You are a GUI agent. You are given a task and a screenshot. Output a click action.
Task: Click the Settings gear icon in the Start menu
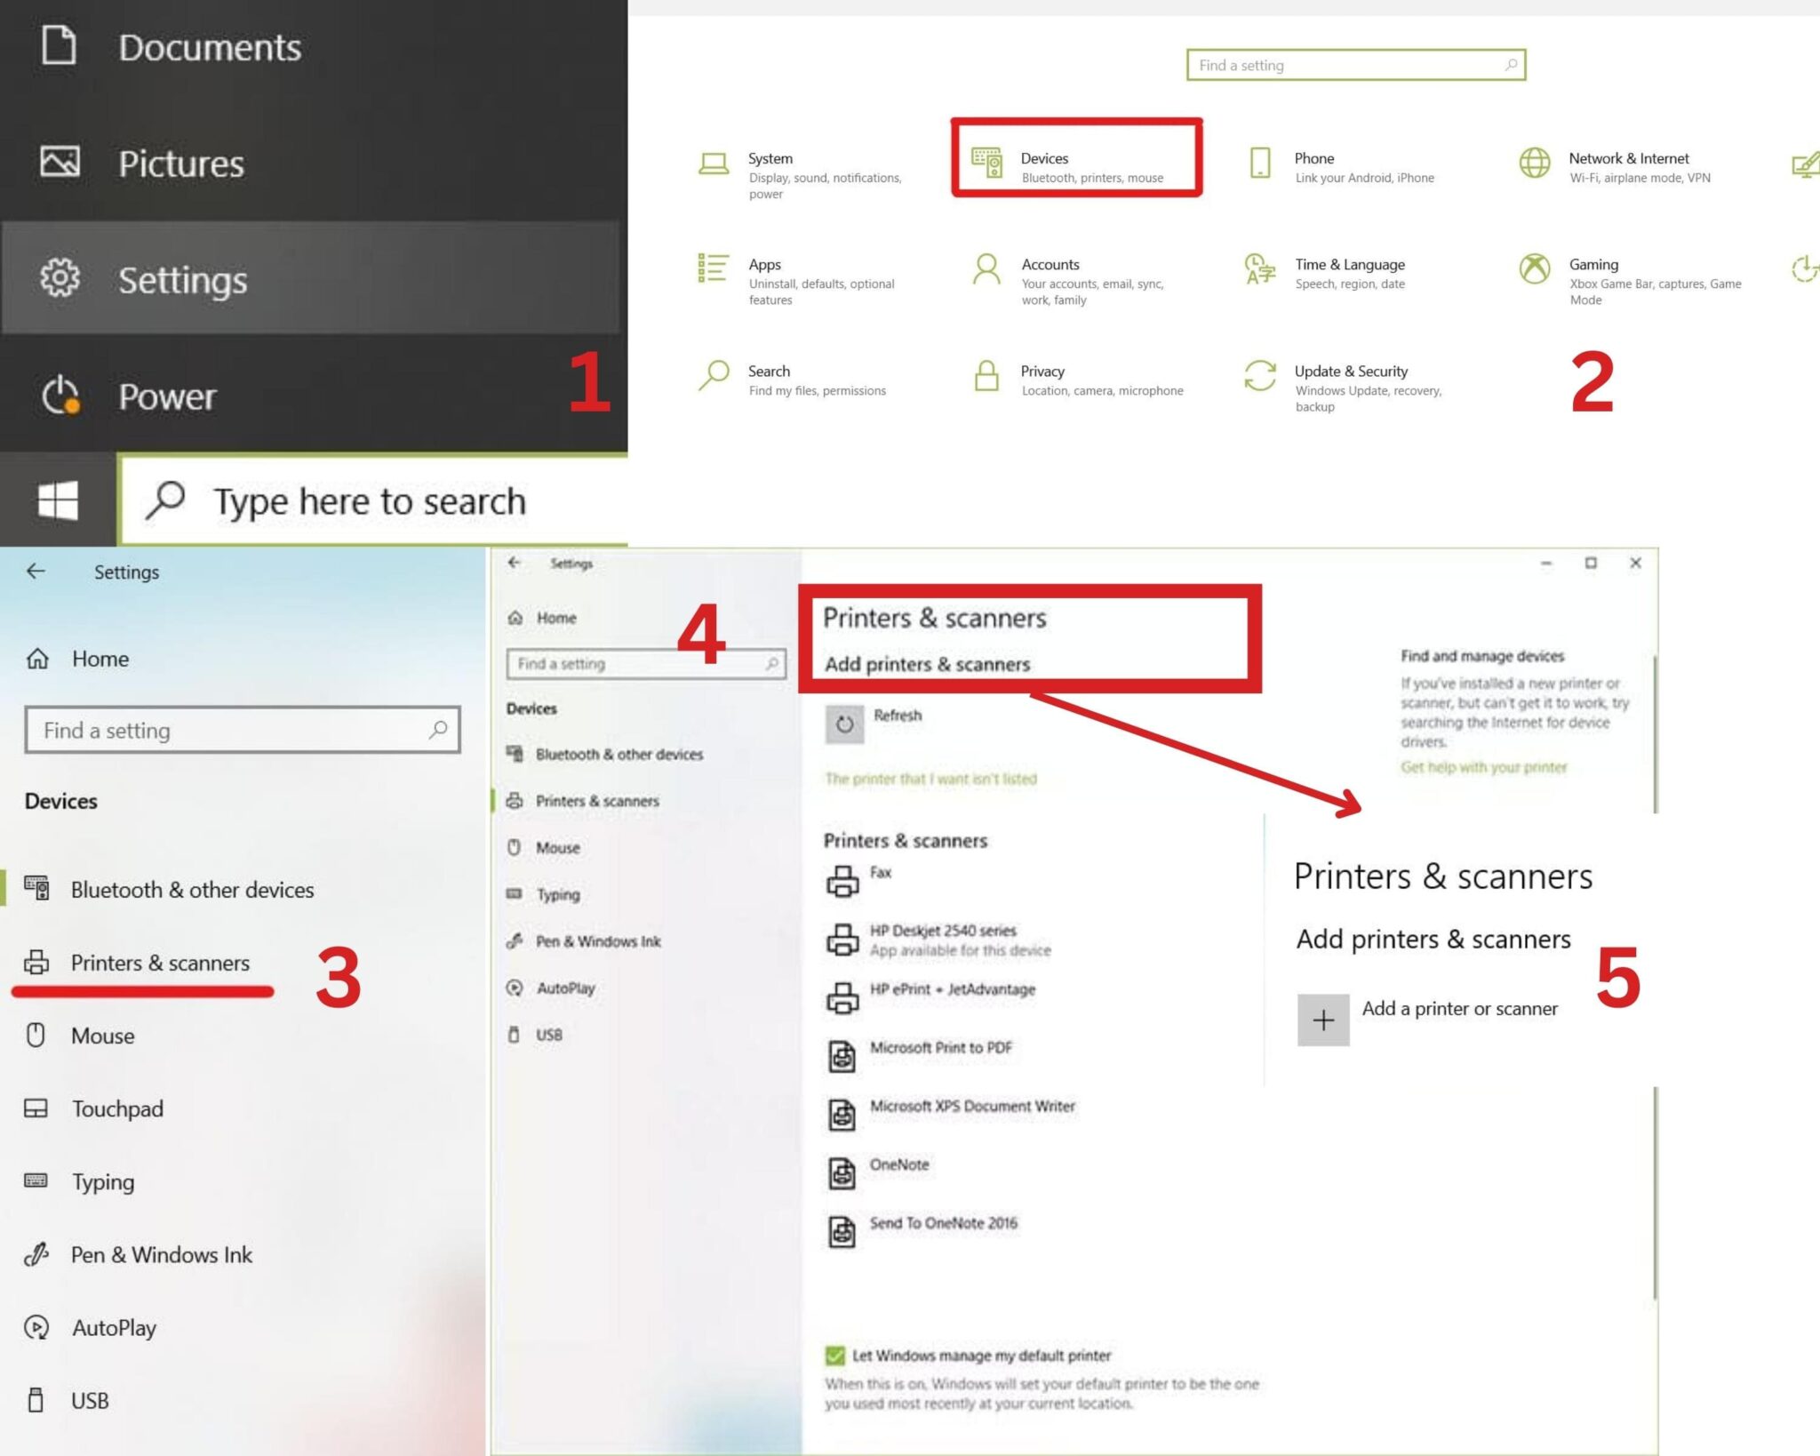click(60, 278)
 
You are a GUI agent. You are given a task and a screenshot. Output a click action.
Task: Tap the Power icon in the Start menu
click(60, 396)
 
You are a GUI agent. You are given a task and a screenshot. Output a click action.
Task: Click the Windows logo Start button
click(58, 500)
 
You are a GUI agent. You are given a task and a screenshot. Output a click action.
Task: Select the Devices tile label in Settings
click(1044, 158)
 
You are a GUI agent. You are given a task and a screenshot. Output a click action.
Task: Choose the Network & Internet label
click(1629, 158)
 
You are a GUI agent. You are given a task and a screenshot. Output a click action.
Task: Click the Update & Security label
click(1351, 371)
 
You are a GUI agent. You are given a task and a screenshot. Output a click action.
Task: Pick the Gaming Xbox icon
click(1535, 268)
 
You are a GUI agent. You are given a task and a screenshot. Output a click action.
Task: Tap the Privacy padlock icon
click(986, 376)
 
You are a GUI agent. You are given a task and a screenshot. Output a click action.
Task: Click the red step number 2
click(1592, 382)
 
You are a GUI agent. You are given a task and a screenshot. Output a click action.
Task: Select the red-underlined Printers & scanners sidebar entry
click(160, 963)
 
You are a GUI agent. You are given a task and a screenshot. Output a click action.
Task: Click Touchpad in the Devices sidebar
click(117, 1108)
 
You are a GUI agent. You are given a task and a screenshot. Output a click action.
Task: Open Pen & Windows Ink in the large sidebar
click(162, 1254)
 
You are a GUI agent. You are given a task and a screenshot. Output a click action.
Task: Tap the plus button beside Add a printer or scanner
click(1323, 1020)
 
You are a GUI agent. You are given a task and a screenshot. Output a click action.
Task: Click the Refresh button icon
click(844, 724)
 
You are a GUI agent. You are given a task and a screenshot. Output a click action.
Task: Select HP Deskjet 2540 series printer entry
click(943, 931)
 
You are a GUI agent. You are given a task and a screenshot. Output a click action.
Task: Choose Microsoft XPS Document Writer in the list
click(972, 1106)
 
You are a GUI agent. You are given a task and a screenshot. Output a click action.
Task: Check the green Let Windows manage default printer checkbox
click(834, 1355)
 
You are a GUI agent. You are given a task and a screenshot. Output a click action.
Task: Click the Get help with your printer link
click(1483, 767)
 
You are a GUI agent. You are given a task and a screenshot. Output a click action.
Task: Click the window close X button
click(1635, 563)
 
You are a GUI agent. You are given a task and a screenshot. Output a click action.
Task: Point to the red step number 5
click(1618, 978)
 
